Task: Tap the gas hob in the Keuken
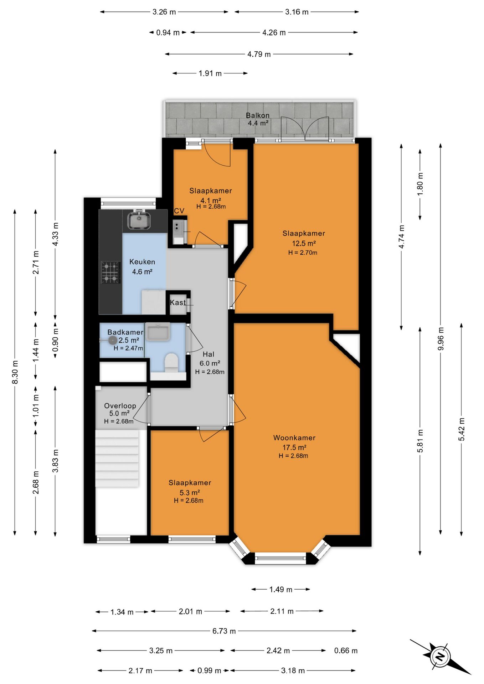click(x=110, y=273)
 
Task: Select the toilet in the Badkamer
click(x=171, y=363)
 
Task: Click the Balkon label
click(x=258, y=115)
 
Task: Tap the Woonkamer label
click(x=294, y=438)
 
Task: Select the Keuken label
click(x=142, y=262)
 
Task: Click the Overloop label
click(x=120, y=406)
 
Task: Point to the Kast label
click(x=177, y=303)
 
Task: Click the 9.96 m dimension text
click(x=441, y=338)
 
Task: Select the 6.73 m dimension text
click(x=224, y=631)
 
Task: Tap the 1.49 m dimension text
click(x=281, y=590)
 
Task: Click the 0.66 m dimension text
click(x=346, y=651)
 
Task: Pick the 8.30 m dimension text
click(x=15, y=372)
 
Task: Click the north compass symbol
click(x=441, y=656)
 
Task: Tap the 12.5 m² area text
click(x=304, y=244)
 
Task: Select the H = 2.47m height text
click(x=128, y=348)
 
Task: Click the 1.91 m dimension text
click(x=210, y=73)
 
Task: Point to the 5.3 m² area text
click(x=190, y=493)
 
